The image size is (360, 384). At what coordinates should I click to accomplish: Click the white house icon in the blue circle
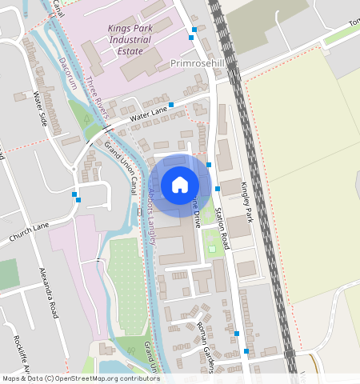(x=180, y=185)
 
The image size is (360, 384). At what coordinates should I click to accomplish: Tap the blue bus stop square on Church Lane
(x=74, y=194)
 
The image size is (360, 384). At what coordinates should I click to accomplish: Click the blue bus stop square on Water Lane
(x=171, y=105)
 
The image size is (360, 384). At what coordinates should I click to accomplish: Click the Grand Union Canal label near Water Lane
(x=120, y=166)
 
